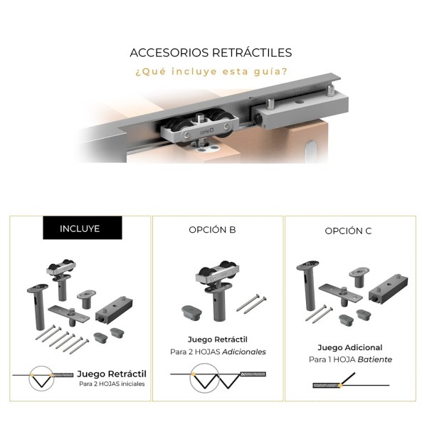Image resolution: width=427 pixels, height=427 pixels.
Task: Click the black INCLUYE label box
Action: (x=83, y=228)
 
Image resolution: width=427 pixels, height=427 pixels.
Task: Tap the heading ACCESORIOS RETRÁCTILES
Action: (x=211, y=53)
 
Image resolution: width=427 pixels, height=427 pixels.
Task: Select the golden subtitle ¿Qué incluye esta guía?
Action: (x=211, y=71)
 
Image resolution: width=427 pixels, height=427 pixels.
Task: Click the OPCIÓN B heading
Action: (x=212, y=230)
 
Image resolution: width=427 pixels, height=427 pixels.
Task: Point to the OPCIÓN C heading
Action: (x=348, y=231)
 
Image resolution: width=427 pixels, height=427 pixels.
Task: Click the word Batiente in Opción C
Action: (x=375, y=359)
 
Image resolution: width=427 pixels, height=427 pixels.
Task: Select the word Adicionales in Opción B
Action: (x=244, y=352)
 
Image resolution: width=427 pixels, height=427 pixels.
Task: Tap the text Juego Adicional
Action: (x=350, y=347)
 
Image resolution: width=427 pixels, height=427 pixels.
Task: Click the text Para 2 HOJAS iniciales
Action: (x=112, y=384)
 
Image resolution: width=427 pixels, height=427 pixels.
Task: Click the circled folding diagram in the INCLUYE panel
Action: (x=41, y=378)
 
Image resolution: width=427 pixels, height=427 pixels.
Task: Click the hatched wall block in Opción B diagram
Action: (x=253, y=374)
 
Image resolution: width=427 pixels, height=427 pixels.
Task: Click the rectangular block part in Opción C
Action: (x=389, y=289)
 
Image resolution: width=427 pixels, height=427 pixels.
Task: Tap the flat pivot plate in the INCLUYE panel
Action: (x=69, y=315)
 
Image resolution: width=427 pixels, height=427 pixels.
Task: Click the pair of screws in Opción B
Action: (x=251, y=304)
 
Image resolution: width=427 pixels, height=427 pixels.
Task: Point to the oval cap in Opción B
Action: (x=191, y=312)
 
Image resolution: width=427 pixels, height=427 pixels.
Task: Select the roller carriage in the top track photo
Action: (x=199, y=127)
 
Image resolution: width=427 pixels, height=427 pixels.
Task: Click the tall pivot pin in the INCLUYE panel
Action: (x=38, y=306)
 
